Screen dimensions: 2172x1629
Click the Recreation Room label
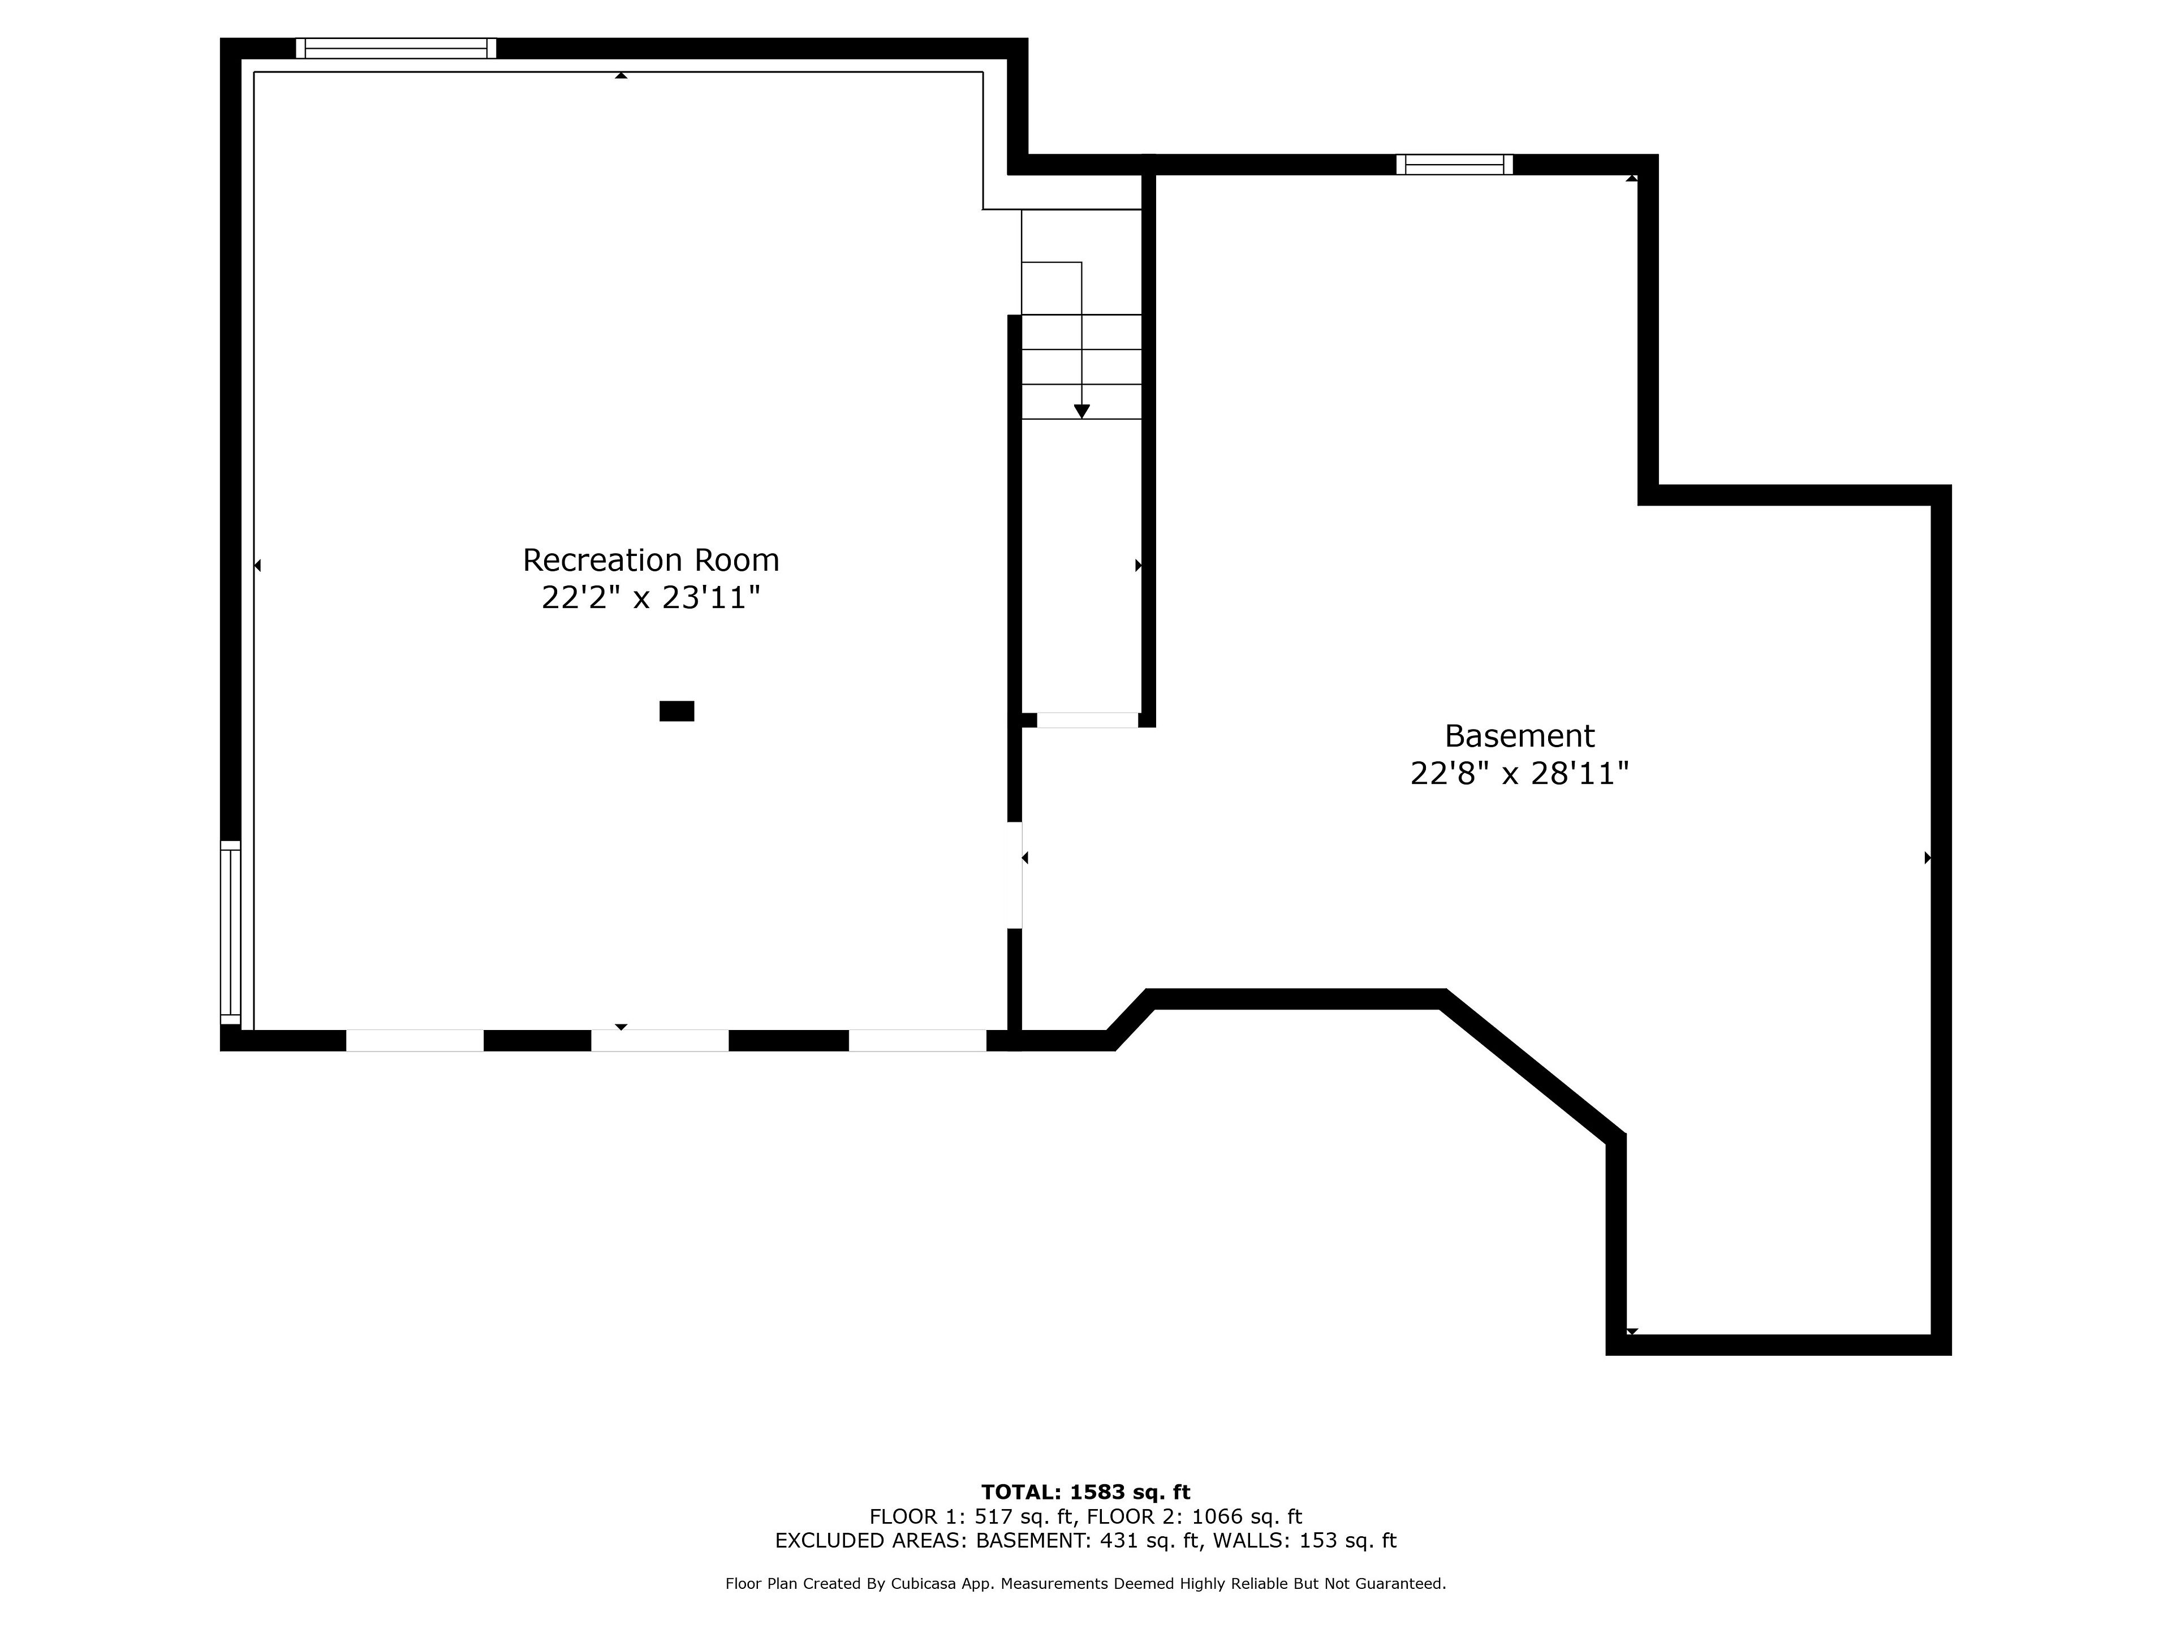[651, 560]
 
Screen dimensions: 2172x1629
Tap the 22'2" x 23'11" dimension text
[651, 597]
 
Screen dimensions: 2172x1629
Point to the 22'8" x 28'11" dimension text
[1519, 774]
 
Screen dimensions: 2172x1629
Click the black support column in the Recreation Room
[676, 711]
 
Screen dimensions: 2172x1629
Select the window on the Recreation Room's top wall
[396, 48]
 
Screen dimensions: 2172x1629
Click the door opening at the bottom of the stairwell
[1087, 719]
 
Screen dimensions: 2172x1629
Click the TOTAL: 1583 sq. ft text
[1086, 1493]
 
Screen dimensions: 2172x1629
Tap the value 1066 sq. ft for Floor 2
[1247, 1517]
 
